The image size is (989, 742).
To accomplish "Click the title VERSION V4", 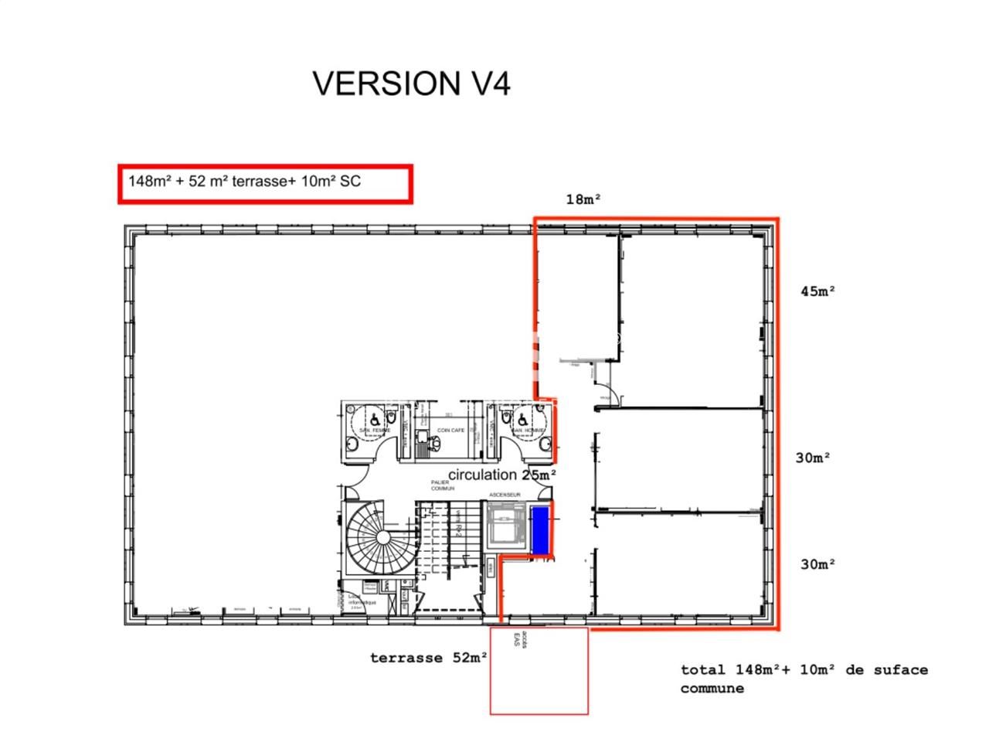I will (x=411, y=83).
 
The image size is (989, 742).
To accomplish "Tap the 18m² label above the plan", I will (x=583, y=199).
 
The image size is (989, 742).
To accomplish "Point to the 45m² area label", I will (x=818, y=291).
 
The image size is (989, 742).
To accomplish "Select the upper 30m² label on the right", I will (x=813, y=458).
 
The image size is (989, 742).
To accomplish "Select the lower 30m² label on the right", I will (x=817, y=564).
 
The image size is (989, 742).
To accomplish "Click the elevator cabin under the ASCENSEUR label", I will (x=505, y=526).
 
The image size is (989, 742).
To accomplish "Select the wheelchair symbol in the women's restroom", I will (x=374, y=417).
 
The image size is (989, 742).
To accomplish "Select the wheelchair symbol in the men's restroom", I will (x=523, y=417).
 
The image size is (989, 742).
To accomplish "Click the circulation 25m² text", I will (x=502, y=475).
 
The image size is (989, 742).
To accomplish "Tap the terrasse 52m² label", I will (x=428, y=658).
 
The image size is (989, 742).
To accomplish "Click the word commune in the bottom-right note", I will (x=712, y=689).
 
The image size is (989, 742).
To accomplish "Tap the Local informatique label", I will (x=356, y=600).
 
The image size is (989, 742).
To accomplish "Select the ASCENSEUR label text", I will (x=505, y=495).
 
